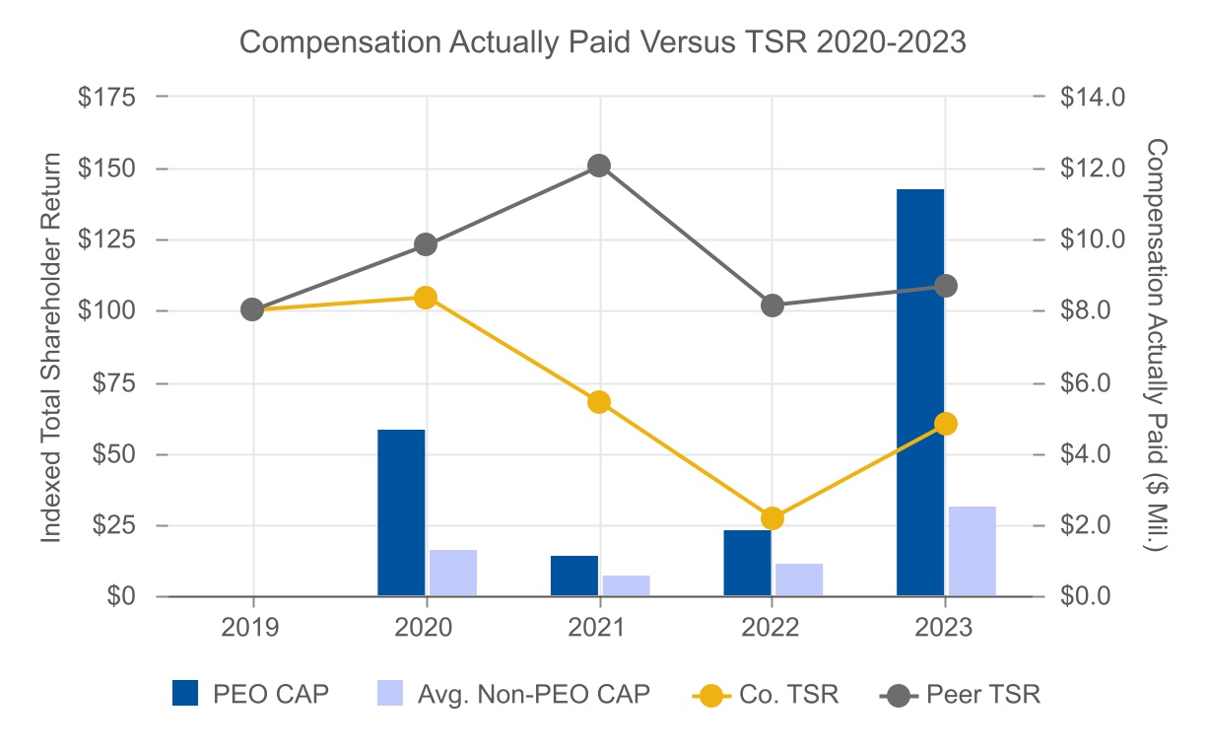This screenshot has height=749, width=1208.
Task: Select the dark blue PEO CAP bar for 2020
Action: pyautogui.click(x=401, y=512)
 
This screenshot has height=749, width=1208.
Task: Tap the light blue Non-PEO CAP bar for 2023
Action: pyautogui.click(x=972, y=551)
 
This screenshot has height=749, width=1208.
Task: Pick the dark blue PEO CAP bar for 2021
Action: pyautogui.click(x=574, y=576)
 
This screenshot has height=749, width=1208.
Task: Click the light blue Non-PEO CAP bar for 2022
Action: pyautogui.click(x=799, y=579)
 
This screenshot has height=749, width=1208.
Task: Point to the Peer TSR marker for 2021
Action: pyautogui.click(x=599, y=166)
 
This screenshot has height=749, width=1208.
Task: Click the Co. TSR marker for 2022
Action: pyautogui.click(x=772, y=518)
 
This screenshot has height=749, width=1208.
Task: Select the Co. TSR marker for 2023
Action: pyautogui.click(x=946, y=424)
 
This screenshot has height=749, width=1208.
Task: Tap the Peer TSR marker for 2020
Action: pyautogui.click(x=426, y=244)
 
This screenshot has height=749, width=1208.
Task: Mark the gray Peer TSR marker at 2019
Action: pyautogui.click(x=252, y=309)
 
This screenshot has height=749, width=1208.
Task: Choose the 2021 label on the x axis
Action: pyautogui.click(x=599, y=628)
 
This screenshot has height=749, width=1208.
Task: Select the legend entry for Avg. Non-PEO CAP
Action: pyautogui.click(x=512, y=694)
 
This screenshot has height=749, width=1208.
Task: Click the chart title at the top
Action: pyautogui.click(x=603, y=43)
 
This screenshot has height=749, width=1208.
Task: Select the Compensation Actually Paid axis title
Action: pyautogui.click(x=1156, y=345)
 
